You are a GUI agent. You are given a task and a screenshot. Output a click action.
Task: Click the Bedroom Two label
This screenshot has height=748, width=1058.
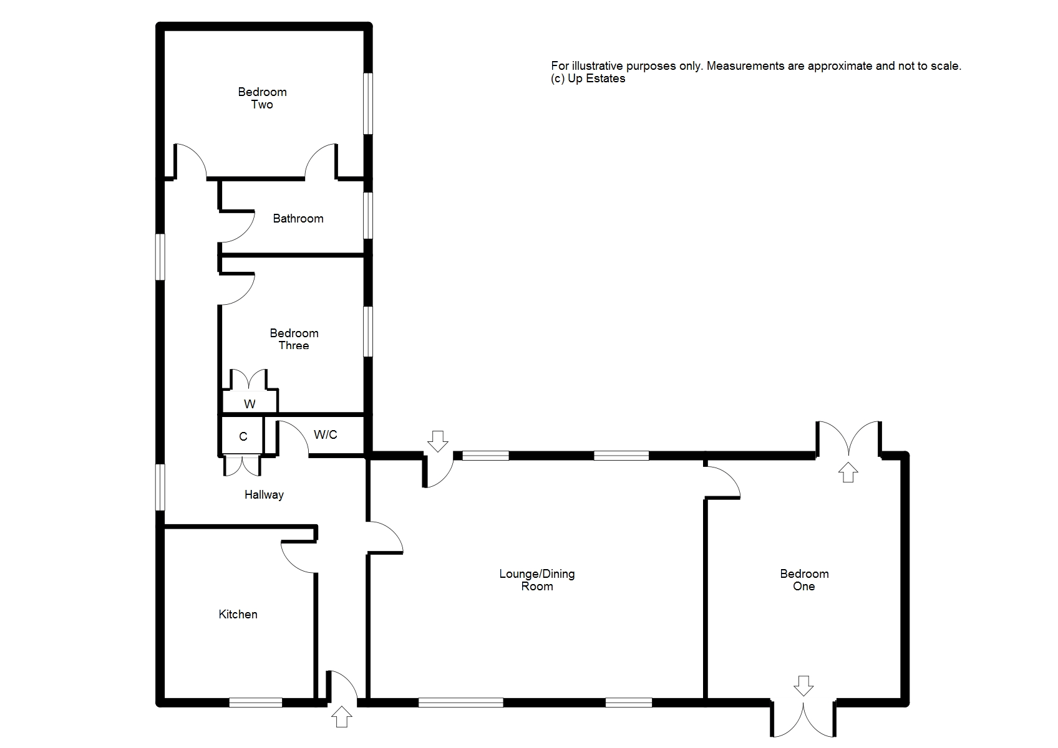coord(262,98)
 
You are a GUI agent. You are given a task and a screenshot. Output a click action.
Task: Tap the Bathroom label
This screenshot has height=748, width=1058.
coord(298,219)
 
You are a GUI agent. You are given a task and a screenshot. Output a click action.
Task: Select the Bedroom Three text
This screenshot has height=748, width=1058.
coord(294,339)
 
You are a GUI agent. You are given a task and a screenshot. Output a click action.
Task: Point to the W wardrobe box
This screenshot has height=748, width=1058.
coord(250,403)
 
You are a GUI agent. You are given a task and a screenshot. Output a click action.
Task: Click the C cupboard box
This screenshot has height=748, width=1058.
coord(243,436)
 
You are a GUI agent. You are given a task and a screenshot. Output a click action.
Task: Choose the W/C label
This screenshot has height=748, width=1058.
coord(325,434)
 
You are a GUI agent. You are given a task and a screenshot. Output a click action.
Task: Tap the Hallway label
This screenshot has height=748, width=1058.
coord(264,495)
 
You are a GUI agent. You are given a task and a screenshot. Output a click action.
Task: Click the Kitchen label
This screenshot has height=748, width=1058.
coord(238,615)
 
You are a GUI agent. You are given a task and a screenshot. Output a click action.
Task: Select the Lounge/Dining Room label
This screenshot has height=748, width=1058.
coord(536,580)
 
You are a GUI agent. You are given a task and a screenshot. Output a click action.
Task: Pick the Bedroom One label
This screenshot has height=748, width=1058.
coord(804,580)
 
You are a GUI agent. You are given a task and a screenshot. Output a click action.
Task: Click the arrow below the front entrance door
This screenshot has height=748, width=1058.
coord(341,717)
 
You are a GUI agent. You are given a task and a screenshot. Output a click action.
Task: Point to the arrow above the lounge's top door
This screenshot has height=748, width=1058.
coord(437,441)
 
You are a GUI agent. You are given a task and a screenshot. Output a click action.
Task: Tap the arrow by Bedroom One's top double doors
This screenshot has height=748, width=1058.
coord(847,472)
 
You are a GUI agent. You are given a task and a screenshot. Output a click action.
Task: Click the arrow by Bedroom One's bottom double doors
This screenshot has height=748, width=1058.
coord(803,686)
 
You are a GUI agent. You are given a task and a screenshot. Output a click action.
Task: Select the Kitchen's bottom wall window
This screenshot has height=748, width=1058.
coord(255,702)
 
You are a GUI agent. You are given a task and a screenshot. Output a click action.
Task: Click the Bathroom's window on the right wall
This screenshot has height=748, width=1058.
coord(368,215)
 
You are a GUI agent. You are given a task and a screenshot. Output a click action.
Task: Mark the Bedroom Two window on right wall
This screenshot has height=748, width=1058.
coord(368,103)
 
